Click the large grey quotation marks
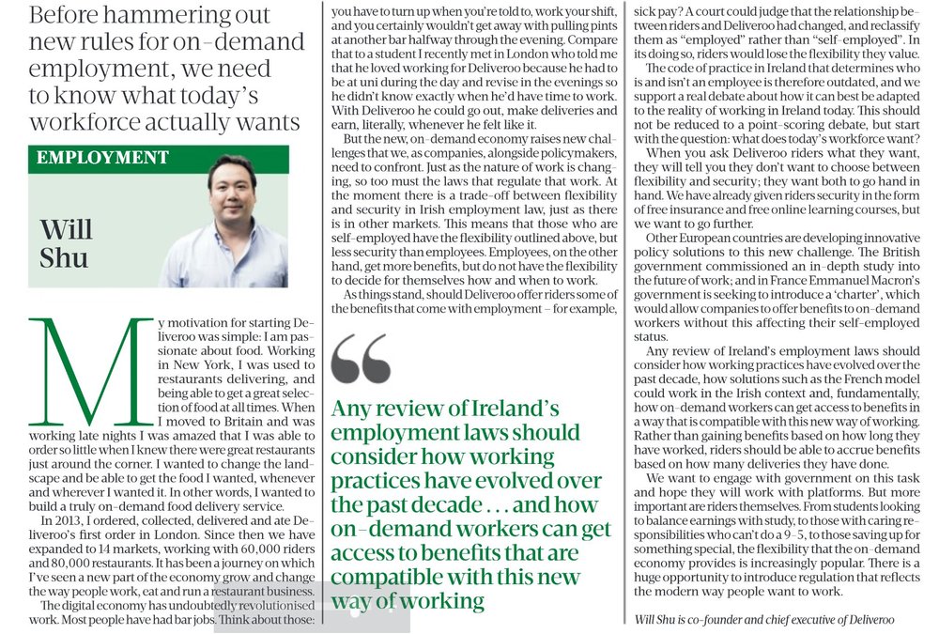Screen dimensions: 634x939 tap(362, 358)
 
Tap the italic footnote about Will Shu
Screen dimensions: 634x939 tap(764, 619)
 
